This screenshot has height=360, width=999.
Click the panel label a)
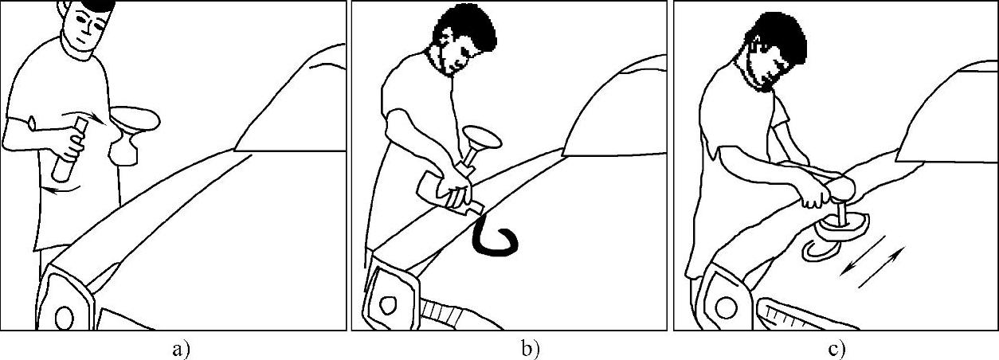[181, 350]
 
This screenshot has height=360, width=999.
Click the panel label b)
[531, 350]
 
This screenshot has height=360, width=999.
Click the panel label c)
[836, 350]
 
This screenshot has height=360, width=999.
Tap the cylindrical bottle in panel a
[70, 150]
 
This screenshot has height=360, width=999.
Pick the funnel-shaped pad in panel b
[480, 145]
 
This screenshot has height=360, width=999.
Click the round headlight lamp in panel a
[65, 318]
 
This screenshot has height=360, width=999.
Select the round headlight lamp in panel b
[387, 306]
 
